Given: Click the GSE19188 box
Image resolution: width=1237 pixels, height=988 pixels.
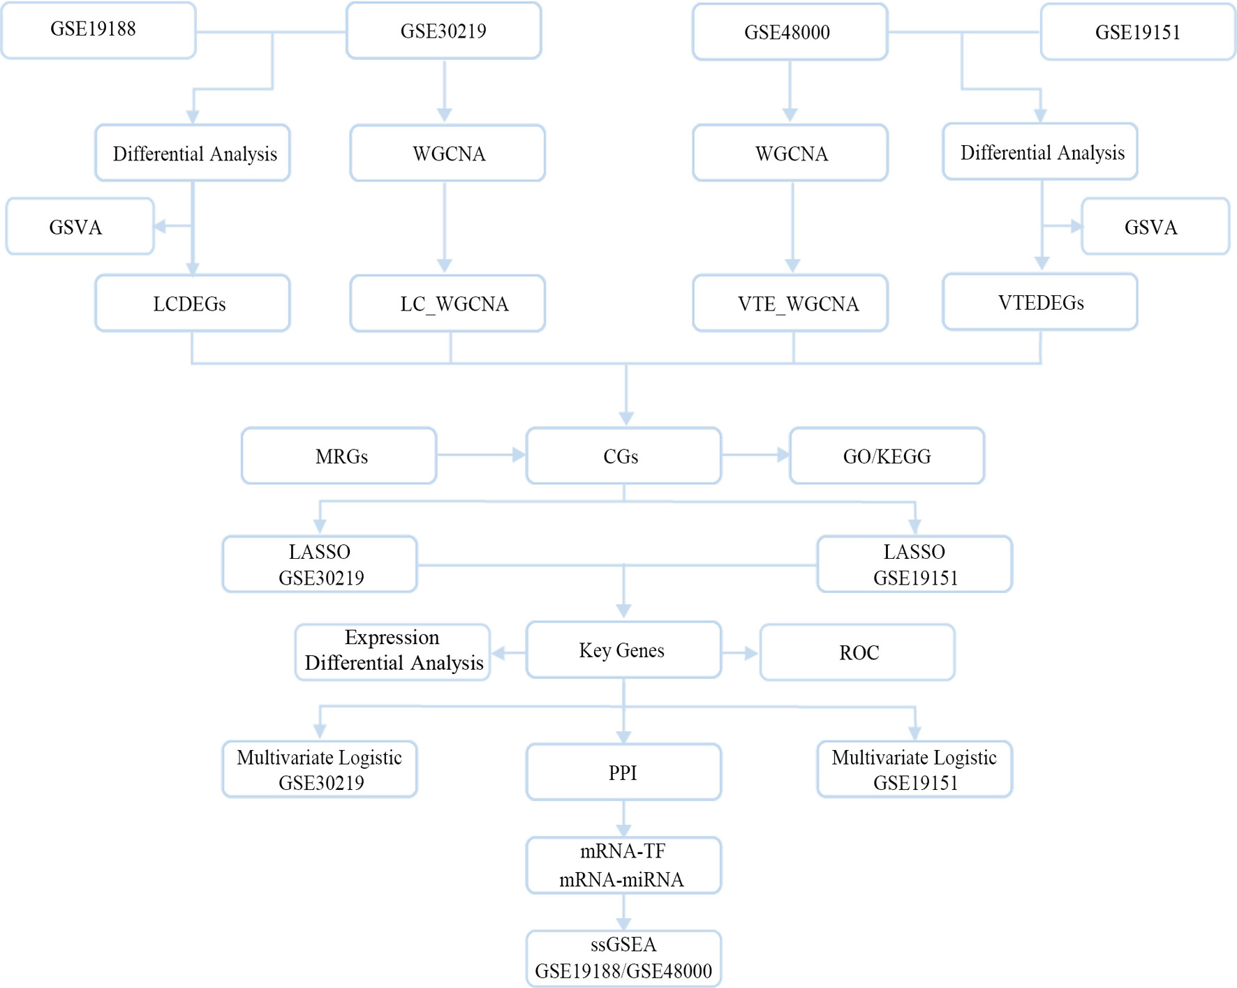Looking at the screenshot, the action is tap(98, 30).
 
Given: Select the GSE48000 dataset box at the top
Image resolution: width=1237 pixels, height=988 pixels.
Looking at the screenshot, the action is tap(790, 32).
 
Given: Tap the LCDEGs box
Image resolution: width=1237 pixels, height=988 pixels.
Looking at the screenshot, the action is tap(193, 303).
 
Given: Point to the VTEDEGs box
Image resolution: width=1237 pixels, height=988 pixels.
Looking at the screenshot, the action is tap(1040, 301).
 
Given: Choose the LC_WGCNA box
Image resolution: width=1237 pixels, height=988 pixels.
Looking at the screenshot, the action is tap(447, 303).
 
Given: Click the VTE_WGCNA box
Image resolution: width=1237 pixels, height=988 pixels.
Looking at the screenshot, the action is tap(790, 303).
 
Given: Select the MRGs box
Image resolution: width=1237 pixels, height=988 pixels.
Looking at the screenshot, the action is tap(339, 456).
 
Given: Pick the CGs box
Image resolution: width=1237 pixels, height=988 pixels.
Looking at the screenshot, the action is tap(623, 456).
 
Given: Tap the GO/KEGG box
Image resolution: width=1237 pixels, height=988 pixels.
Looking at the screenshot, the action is tap(887, 456).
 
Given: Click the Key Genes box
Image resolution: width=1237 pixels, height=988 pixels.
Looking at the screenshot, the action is tap(623, 650).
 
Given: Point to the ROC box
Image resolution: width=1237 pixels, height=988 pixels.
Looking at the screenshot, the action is tap(857, 652).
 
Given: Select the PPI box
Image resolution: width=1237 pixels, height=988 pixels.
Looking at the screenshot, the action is tap(623, 772).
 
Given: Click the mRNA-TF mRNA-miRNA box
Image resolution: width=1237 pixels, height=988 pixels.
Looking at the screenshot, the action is tap(623, 865).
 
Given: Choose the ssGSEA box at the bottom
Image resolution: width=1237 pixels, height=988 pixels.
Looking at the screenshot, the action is tap(623, 959).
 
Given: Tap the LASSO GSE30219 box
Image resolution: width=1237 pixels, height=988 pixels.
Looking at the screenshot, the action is tap(320, 564).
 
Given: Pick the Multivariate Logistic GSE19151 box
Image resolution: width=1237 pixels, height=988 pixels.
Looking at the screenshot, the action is tap(914, 769).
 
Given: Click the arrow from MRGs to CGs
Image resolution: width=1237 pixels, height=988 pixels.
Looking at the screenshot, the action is tap(481, 455).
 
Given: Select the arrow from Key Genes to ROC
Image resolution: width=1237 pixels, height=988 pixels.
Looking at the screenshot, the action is tap(740, 653).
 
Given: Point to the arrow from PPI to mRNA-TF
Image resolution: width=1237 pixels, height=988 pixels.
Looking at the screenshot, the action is tap(623, 818).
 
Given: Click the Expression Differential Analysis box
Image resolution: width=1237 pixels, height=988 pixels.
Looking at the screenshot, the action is tap(392, 652).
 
